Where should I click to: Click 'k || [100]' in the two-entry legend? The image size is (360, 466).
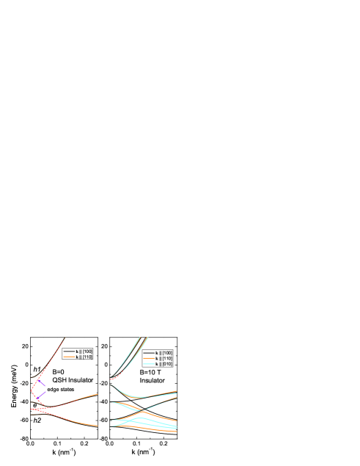click(x=84, y=352)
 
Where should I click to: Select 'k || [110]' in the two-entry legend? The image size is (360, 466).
click(x=84, y=357)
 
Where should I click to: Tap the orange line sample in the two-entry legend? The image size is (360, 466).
click(x=69, y=357)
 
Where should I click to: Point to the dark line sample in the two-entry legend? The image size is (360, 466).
click(x=69, y=352)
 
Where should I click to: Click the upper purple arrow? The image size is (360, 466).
click(x=43, y=383)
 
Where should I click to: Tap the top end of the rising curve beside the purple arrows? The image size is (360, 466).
click(x=65, y=338)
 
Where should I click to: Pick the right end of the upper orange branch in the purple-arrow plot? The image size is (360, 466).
click(x=98, y=394)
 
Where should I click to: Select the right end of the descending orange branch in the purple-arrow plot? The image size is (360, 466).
click(x=98, y=426)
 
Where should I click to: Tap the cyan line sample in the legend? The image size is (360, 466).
click(x=150, y=363)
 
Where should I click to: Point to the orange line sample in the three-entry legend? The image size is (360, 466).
click(x=150, y=358)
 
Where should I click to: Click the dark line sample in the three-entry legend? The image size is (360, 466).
click(x=150, y=353)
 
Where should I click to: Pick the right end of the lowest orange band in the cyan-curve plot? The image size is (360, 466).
click(x=176, y=432)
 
